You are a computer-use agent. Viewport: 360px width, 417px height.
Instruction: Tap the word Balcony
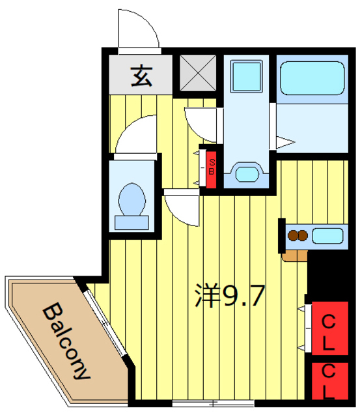click(x=67, y=341)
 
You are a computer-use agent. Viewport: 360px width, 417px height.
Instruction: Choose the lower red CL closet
click(x=329, y=381)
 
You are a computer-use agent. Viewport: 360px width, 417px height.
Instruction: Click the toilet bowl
click(x=133, y=195)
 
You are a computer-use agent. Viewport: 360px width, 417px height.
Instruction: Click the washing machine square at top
click(x=245, y=72)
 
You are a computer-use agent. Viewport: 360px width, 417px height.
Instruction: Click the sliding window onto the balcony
click(x=104, y=320)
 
